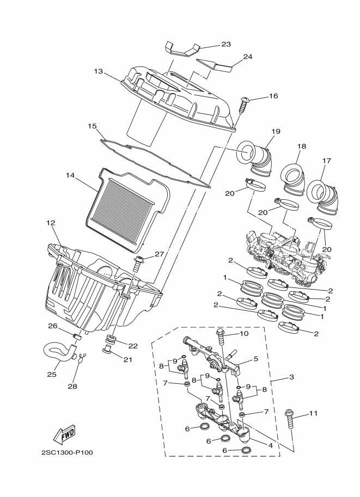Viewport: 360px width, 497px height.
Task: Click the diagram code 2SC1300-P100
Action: click(x=67, y=452)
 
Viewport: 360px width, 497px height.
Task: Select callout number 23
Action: click(x=226, y=44)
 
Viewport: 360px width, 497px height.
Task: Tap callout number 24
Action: click(x=248, y=57)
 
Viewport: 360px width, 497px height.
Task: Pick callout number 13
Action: click(x=99, y=71)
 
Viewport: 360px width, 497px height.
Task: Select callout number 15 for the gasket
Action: click(x=92, y=126)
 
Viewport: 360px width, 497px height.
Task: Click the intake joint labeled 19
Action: click(x=255, y=157)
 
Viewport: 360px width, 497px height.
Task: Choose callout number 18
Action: click(x=302, y=146)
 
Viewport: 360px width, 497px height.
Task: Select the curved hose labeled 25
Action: click(x=60, y=351)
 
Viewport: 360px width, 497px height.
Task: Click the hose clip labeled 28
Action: click(x=82, y=357)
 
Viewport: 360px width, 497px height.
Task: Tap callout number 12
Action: click(x=51, y=223)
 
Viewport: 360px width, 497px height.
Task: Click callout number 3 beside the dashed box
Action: click(x=291, y=377)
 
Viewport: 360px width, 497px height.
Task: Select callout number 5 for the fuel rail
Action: click(x=255, y=359)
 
